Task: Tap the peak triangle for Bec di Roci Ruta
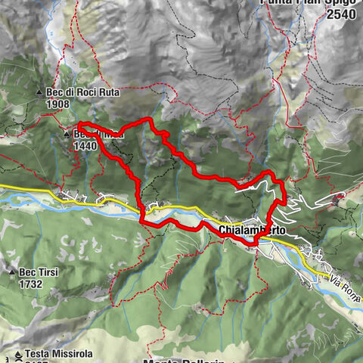tap(39, 94)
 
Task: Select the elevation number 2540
tap(343, 14)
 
